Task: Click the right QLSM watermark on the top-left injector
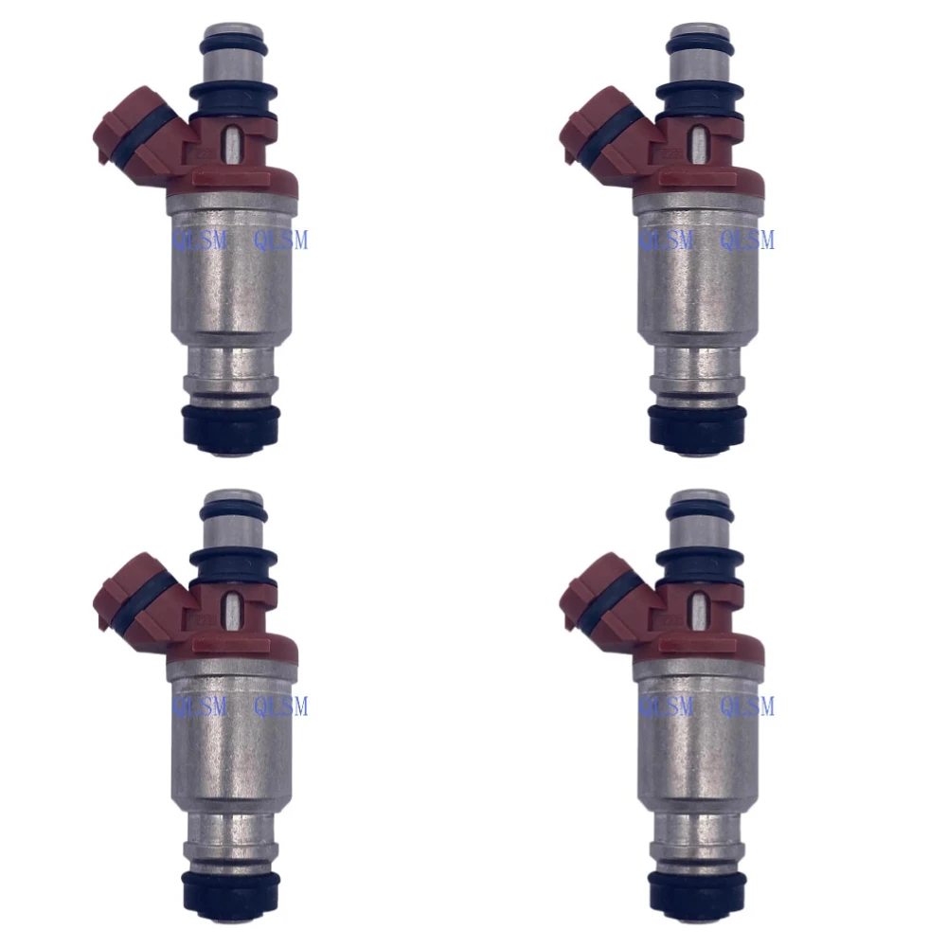(281, 241)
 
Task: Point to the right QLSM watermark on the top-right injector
(747, 241)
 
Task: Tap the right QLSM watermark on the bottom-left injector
(281, 706)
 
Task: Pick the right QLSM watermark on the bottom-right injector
(747, 706)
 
